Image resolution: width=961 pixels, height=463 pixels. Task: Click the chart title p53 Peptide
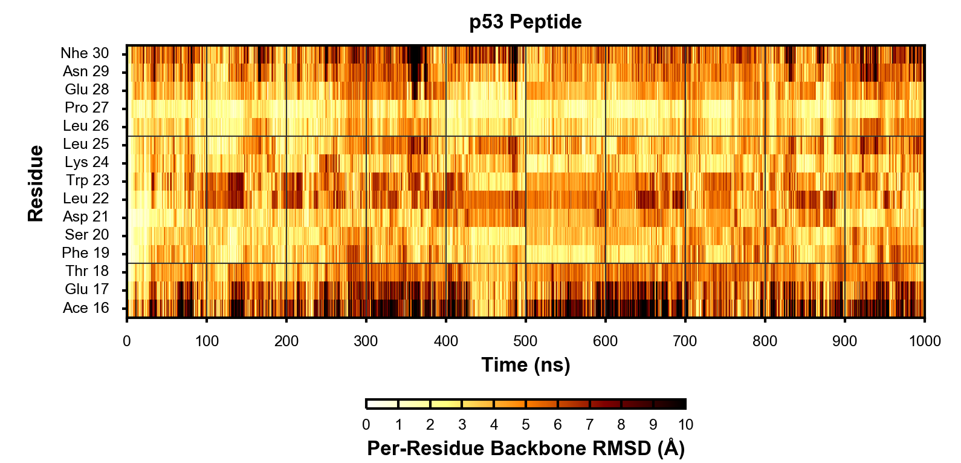pyautogui.click(x=525, y=22)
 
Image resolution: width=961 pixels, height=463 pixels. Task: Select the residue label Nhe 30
pyautogui.click(x=85, y=53)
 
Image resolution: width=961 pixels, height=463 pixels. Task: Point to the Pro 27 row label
pyautogui.click(x=86, y=108)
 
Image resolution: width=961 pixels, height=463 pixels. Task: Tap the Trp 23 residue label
pyautogui.click(x=88, y=180)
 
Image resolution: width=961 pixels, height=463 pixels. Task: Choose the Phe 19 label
pyautogui.click(x=85, y=253)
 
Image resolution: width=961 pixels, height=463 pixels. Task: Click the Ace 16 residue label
pyautogui.click(x=86, y=308)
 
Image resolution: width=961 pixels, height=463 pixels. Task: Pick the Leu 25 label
pyautogui.click(x=86, y=144)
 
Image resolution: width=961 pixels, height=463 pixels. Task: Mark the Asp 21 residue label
pyautogui.click(x=86, y=217)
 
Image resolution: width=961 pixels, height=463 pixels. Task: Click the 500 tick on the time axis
pyautogui.click(x=525, y=341)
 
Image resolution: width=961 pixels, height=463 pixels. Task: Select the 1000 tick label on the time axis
pyautogui.click(x=925, y=341)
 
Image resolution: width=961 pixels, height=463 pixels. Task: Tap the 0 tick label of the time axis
pyautogui.click(x=127, y=341)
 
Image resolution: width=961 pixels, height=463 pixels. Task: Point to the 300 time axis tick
pyautogui.click(x=366, y=341)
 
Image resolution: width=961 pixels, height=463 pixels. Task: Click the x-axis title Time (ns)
pyautogui.click(x=525, y=365)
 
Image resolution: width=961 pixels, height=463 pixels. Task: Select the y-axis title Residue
pyautogui.click(x=36, y=183)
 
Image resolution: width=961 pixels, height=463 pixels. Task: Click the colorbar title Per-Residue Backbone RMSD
pyautogui.click(x=525, y=448)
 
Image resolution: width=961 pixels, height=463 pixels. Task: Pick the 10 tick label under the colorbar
pyautogui.click(x=685, y=425)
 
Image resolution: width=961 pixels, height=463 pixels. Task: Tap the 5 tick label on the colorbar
pyautogui.click(x=526, y=425)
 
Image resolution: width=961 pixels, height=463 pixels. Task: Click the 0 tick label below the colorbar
pyautogui.click(x=366, y=425)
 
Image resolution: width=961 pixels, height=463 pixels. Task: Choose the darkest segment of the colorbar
pyautogui.click(x=670, y=404)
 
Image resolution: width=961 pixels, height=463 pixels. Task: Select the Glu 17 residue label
pyautogui.click(x=87, y=289)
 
